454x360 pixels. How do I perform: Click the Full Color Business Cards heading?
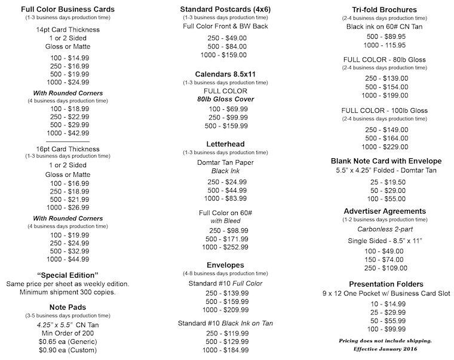click(x=68, y=10)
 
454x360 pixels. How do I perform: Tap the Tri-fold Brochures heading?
click(x=386, y=10)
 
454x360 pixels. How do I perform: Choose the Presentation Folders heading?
click(x=386, y=284)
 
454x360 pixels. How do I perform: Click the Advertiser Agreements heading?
click(x=386, y=211)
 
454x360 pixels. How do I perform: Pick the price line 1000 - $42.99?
click(x=68, y=133)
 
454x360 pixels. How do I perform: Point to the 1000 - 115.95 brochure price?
click(x=386, y=45)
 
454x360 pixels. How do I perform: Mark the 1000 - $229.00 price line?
click(x=386, y=147)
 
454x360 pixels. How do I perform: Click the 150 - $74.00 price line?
click(x=386, y=260)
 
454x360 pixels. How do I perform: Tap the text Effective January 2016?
click(x=386, y=348)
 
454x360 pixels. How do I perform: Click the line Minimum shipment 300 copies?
click(x=68, y=292)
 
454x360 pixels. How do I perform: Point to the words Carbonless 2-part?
click(x=386, y=228)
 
